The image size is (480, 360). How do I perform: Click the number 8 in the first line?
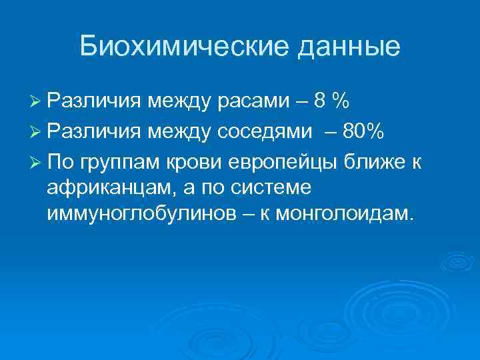321,102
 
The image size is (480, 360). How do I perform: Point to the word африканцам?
107,188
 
